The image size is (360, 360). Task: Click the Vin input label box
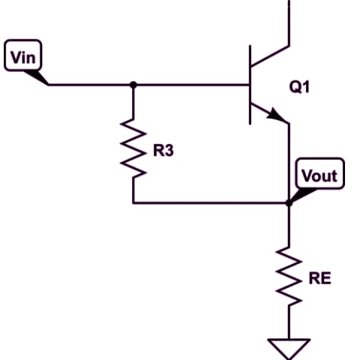[23, 55]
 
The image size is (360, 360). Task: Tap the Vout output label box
[320, 173]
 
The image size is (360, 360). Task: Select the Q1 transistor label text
[299, 87]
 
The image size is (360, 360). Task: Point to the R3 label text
[163, 151]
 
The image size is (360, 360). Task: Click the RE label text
[320, 278]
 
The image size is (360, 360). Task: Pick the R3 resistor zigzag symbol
[133, 148]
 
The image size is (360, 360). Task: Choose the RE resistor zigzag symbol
[289, 276]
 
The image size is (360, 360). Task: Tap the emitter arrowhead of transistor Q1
[275, 115]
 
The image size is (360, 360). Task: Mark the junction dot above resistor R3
[133, 85]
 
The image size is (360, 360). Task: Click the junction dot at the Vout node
[289, 203]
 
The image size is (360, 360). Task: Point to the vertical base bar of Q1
[250, 85]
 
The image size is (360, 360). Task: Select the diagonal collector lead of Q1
[270, 56]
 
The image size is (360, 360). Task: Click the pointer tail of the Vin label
[37, 78]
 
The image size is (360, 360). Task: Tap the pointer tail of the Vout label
[303, 196]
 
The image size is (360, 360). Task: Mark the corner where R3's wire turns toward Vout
[133, 203]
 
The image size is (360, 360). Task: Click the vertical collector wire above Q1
[289, 23]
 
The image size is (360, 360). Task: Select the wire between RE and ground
[289, 322]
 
